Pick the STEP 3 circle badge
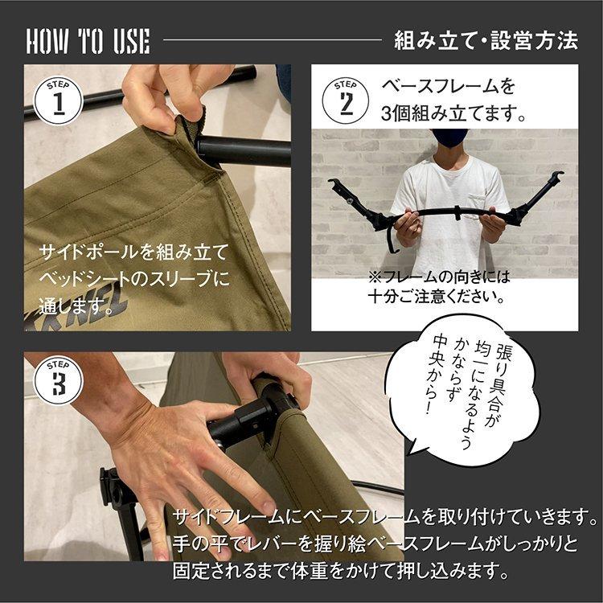point(59,381)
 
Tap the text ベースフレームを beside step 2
point(448,86)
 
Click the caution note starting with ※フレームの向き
point(440,286)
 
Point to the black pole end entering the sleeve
point(233,150)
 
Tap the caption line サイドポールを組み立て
point(134,251)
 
